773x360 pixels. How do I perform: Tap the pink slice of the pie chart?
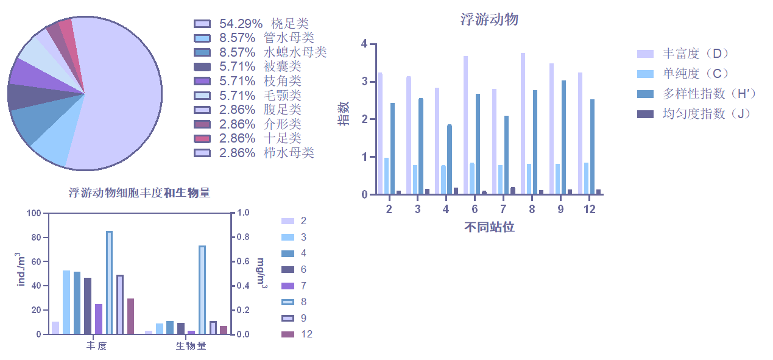click(66, 30)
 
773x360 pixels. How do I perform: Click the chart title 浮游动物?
click(489, 19)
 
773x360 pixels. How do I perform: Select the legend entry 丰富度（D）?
click(682, 54)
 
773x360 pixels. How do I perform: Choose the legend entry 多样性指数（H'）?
click(694, 93)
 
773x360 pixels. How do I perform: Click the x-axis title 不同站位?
click(489, 227)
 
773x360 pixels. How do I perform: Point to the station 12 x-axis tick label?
click(589, 209)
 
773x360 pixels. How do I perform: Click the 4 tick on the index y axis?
click(364, 44)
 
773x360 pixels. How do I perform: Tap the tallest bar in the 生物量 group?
click(202, 289)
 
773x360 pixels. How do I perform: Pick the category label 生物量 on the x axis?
click(191, 346)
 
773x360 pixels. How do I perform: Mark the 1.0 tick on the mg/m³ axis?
click(242, 213)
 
